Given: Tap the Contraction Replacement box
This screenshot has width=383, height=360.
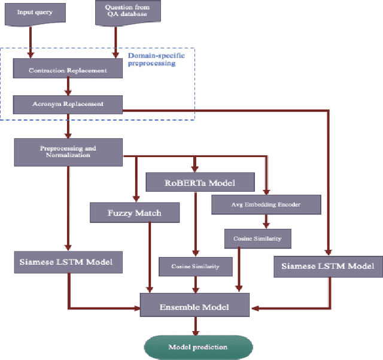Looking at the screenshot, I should click(x=68, y=70).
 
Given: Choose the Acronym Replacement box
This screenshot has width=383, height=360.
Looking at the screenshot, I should click(x=68, y=104).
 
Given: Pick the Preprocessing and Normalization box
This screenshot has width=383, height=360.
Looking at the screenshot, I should click(x=68, y=152).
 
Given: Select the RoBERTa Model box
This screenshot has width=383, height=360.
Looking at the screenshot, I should click(x=200, y=182).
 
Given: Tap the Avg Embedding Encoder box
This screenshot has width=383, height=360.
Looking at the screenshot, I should click(x=266, y=205).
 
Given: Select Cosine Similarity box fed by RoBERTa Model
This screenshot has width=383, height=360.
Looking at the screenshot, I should click(x=194, y=266).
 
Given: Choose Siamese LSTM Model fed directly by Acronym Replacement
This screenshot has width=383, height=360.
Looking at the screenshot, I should click(x=327, y=266).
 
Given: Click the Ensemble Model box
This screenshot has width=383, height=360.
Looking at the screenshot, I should click(x=194, y=307).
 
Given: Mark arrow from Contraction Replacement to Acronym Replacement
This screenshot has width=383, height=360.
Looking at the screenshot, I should click(x=68, y=87).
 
